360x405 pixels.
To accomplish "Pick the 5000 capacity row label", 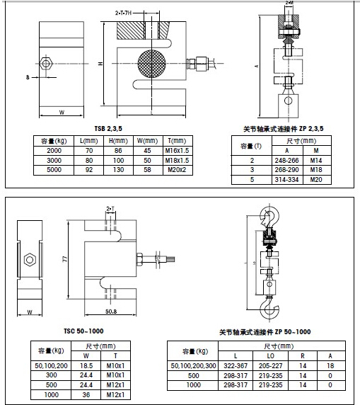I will (53, 170).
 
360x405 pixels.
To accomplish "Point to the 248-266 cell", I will (286, 161).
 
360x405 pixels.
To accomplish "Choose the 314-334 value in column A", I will (286, 180).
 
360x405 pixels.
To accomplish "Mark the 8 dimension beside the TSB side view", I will (27, 76).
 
